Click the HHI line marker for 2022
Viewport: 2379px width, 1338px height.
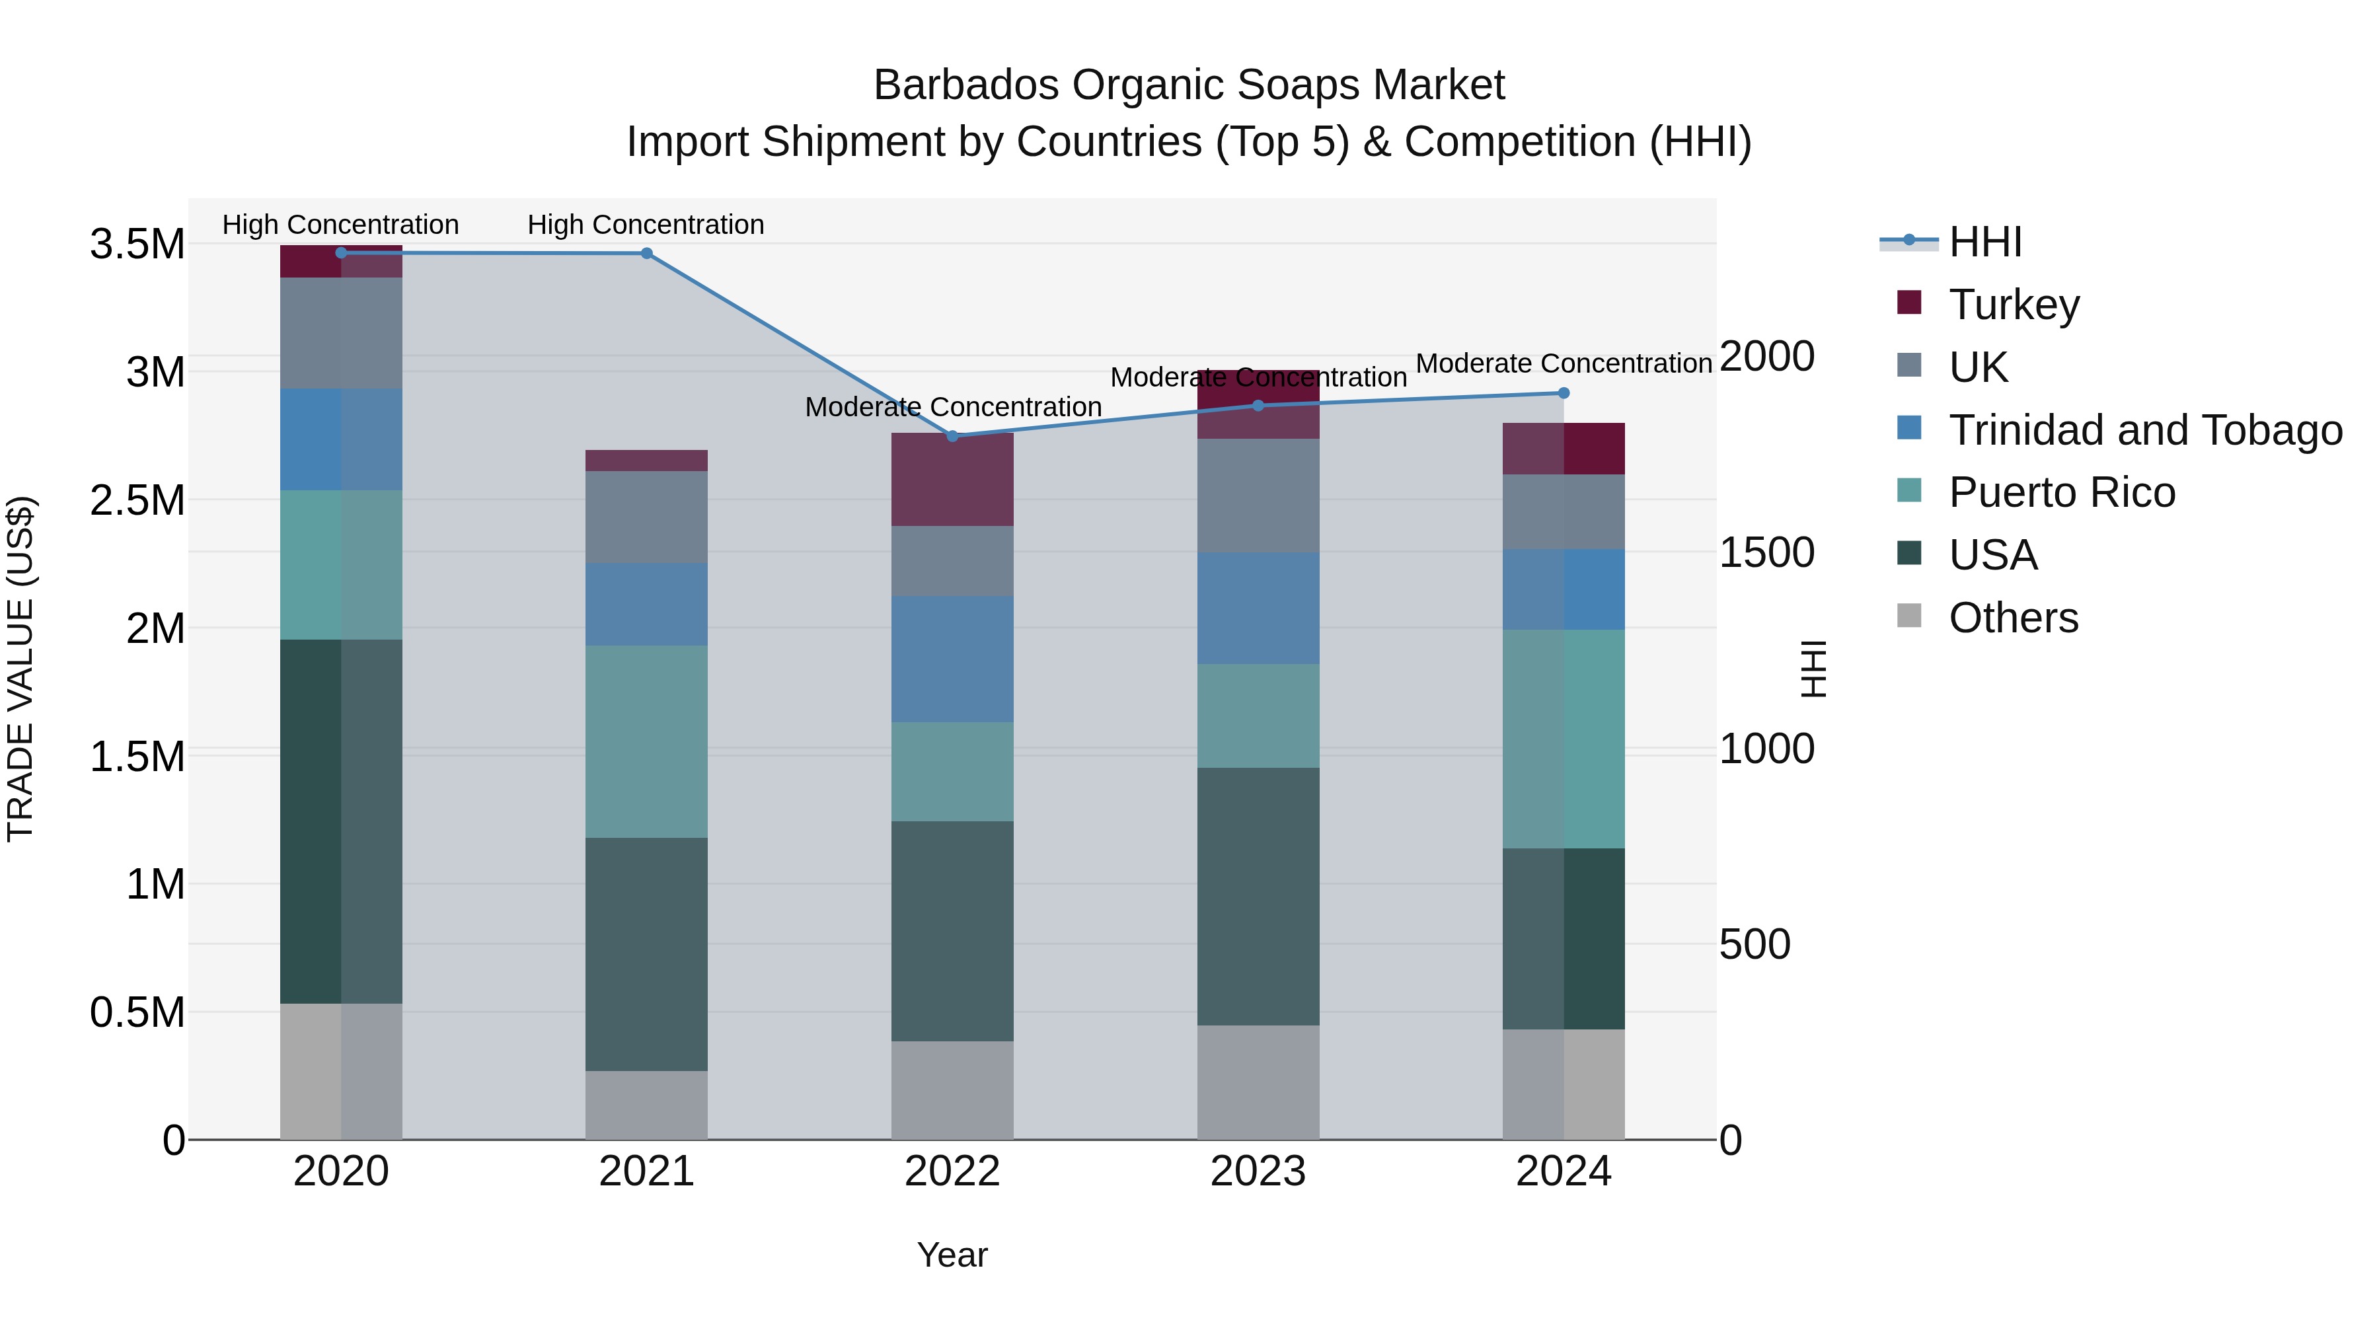952,436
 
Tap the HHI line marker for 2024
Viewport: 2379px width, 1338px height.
1564,393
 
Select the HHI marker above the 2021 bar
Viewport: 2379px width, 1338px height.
646,253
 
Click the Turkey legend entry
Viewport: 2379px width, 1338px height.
2014,305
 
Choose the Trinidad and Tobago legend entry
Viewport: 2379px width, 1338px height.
2144,430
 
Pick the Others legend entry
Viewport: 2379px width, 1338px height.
2014,618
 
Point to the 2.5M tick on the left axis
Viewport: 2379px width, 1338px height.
137,500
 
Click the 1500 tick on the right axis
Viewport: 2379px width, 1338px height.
1766,552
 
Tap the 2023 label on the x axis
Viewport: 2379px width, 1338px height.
1258,1171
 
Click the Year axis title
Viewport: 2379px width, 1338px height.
952,1255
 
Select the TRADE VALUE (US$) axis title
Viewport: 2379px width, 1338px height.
20,669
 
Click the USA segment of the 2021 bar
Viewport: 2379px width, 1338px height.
646,954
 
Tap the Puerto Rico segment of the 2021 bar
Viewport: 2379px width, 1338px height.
646,741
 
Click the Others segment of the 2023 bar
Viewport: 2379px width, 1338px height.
1258,1082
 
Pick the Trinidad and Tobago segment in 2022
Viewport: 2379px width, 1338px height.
952,658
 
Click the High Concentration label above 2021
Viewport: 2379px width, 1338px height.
646,225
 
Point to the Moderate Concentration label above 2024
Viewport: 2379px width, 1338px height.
1564,364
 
